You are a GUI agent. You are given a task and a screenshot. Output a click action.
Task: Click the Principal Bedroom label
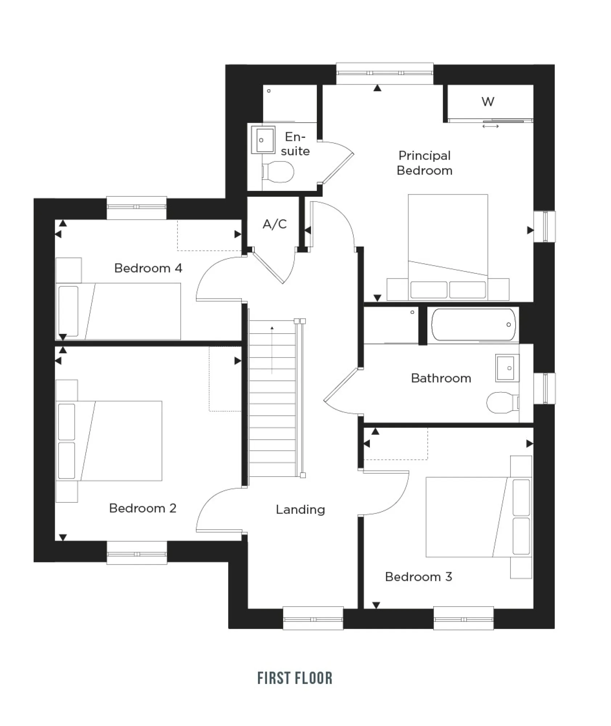424,163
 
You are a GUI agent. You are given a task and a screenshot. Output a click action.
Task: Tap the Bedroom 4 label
148,268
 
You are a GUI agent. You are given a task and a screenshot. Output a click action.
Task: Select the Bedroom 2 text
143,508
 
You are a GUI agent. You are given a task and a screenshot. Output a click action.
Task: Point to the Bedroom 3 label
418,577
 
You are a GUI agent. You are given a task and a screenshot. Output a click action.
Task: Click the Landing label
300,510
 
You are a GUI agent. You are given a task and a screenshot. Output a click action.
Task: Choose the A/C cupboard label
275,224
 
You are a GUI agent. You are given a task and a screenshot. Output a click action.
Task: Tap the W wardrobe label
488,102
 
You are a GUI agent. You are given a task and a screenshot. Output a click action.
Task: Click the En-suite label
295,144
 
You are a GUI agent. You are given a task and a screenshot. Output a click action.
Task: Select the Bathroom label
441,378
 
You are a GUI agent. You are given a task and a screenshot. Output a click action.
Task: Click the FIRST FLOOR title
295,678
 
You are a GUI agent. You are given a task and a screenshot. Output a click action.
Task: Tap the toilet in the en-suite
278,172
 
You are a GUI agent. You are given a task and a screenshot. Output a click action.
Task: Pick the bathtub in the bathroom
473,325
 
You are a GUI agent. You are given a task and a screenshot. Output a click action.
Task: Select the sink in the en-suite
263,139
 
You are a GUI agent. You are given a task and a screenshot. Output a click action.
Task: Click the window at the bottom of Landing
313,619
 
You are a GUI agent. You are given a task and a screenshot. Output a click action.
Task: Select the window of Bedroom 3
463,619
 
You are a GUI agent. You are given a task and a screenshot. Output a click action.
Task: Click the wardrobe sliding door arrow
491,126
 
